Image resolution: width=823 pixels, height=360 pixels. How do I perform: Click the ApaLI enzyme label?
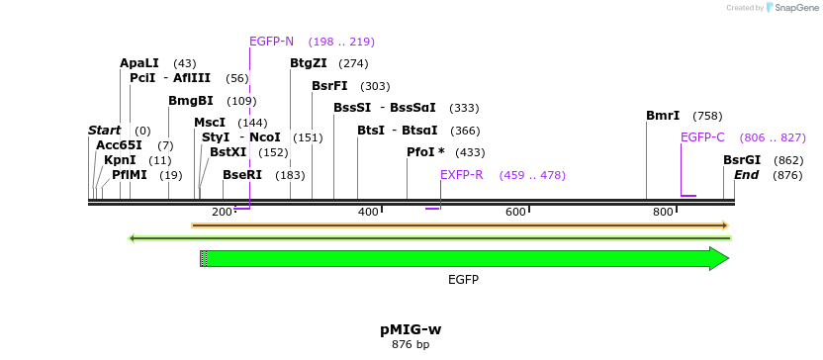point(139,63)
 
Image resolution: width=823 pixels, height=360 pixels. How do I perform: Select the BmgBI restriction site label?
point(190,101)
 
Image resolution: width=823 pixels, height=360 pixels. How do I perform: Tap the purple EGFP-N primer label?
point(271,42)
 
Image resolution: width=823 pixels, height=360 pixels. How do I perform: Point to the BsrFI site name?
point(329,86)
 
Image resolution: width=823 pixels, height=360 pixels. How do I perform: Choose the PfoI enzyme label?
point(425,152)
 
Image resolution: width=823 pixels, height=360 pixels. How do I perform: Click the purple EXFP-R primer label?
point(461,175)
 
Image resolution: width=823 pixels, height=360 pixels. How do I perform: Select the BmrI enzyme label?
point(663,116)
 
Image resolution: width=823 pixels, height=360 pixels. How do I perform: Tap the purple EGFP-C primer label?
point(702,137)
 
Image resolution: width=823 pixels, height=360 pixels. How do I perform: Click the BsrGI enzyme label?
point(742,160)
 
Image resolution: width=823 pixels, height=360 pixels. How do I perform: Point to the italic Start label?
point(104,131)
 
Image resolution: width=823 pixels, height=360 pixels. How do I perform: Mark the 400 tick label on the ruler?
point(368,212)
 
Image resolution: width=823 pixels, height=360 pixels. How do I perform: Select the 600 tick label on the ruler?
point(515,212)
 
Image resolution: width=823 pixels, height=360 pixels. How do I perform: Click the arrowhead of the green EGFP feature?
point(719,259)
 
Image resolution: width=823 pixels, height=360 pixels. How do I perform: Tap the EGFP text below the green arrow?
point(463,280)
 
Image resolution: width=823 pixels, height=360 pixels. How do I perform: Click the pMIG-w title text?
point(411,328)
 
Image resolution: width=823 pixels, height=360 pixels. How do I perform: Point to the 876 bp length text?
point(411,345)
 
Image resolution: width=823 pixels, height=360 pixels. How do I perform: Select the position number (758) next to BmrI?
point(707,116)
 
